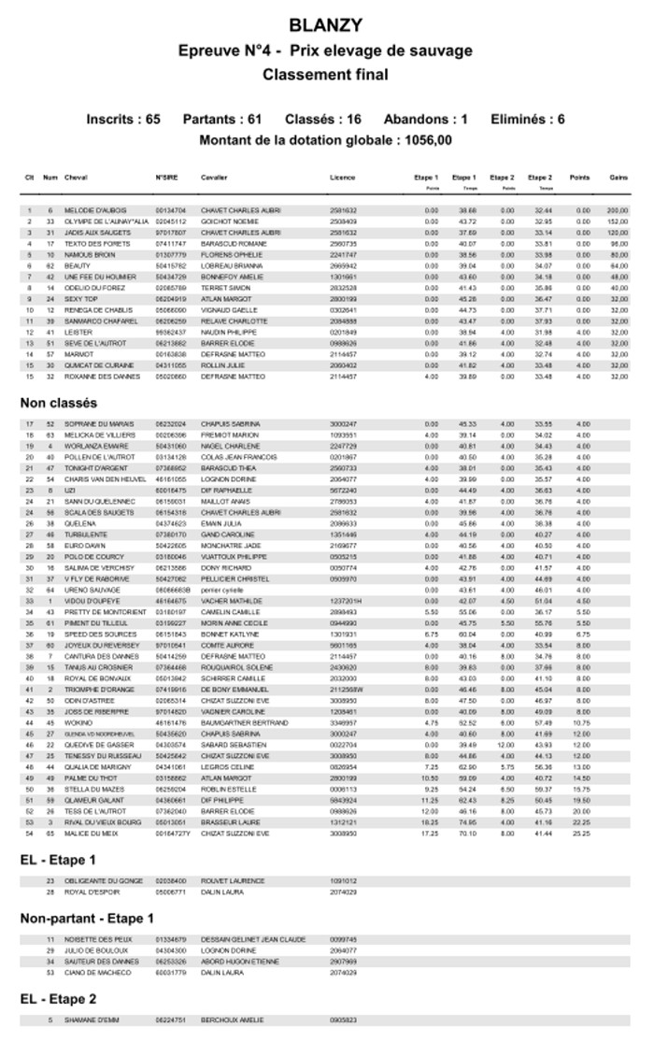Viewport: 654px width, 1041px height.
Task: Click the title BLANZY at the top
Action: click(326, 24)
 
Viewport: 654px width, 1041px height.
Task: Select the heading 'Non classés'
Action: click(59, 403)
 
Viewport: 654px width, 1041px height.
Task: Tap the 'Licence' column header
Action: click(342, 177)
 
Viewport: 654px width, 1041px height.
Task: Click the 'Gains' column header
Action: click(618, 177)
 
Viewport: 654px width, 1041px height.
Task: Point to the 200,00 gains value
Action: click(617, 210)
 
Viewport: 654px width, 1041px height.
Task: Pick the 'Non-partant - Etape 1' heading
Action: click(88, 919)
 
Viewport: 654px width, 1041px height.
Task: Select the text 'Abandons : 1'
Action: click(426, 119)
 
